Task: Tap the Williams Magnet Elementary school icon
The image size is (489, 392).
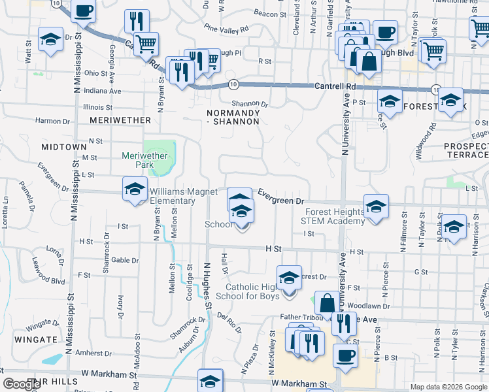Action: click(135, 189)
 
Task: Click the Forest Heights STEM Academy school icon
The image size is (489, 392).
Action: click(376, 207)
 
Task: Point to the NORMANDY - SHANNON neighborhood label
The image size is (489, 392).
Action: click(233, 117)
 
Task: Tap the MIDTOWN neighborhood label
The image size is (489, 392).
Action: click(64, 147)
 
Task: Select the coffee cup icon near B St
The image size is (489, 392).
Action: click(346, 355)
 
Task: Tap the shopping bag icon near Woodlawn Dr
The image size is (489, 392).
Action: click(327, 303)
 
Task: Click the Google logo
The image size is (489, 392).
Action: click(22, 384)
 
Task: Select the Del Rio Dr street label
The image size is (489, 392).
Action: click(229, 323)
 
